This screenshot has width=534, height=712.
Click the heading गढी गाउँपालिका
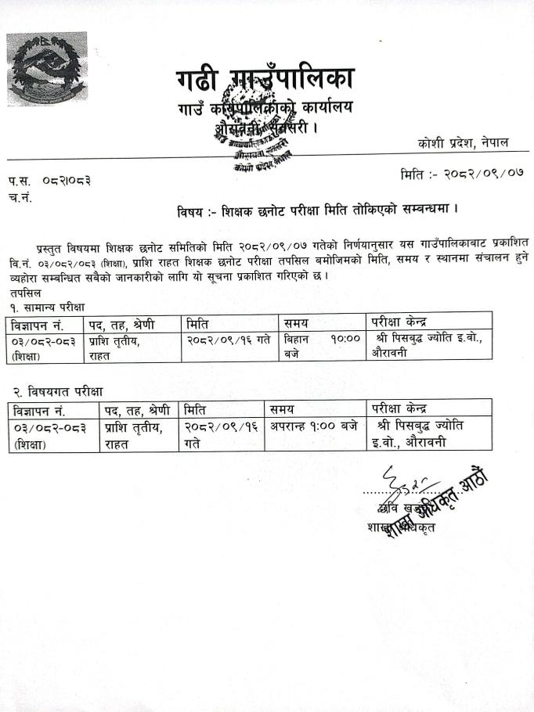pyautogui.click(x=265, y=79)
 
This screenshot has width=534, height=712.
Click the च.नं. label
pyautogui.click(x=20, y=195)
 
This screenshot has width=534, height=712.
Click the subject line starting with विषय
pyautogui.click(x=317, y=210)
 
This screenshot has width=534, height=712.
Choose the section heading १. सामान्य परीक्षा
pyautogui.click(x=47, y=306)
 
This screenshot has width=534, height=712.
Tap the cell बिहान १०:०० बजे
pyautogui.click(x=321, y=346)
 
